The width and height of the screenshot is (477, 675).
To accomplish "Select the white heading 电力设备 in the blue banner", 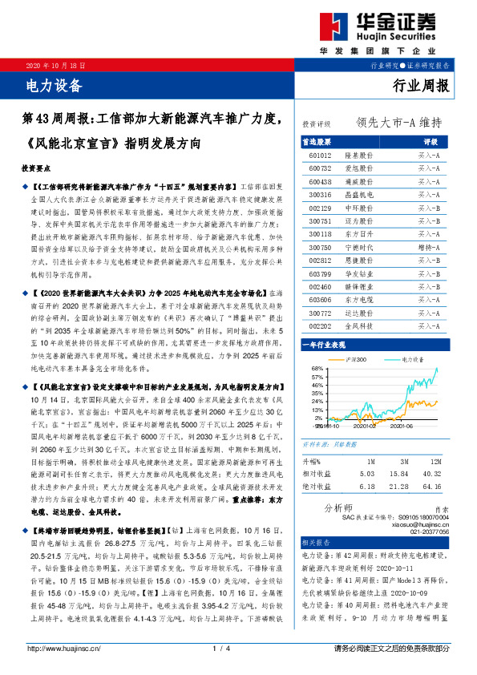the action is [51, 82].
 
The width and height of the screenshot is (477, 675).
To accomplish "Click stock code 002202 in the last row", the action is [321, 326].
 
